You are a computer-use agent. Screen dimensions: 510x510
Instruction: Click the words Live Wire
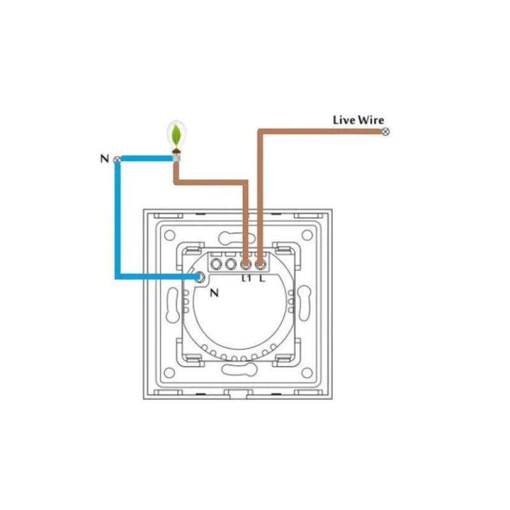(358, 120)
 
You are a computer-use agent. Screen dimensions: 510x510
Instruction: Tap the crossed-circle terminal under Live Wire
(386, 132)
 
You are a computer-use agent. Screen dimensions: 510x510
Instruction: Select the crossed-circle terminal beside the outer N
(117, 160)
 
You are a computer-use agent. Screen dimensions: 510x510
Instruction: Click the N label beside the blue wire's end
(105, 159)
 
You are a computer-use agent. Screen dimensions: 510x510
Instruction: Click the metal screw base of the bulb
(177, 157)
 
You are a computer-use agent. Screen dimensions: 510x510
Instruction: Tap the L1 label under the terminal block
(246, 279)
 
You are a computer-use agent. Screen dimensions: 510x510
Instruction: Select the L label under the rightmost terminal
(262, 279)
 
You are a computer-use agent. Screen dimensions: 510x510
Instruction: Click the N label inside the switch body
(214, 293)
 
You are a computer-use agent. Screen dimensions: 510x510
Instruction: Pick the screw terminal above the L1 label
(246, 265)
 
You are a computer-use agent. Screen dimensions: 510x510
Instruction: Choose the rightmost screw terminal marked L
(260, 265)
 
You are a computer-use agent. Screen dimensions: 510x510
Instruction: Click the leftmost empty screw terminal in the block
(216, 264)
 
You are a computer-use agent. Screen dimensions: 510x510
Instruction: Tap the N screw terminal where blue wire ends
(200, 277)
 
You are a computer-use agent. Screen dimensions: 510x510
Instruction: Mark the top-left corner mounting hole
(170, 235)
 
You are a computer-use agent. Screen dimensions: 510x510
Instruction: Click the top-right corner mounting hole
(307, 235)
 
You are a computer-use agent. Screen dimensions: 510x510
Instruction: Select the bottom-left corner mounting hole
(170, 373)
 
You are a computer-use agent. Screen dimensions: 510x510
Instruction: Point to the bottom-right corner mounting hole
(307, 373)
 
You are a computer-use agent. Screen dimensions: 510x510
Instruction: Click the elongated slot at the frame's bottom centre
(238, 370)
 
